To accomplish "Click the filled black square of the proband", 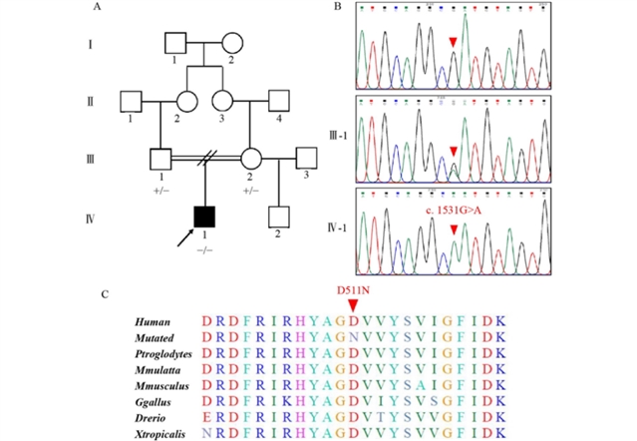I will click(x=204, y=215).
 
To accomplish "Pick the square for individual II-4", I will click(x=278, y=101).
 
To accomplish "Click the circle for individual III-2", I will click(x=251, y=158).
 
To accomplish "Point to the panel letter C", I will click(x=106, y=294).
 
